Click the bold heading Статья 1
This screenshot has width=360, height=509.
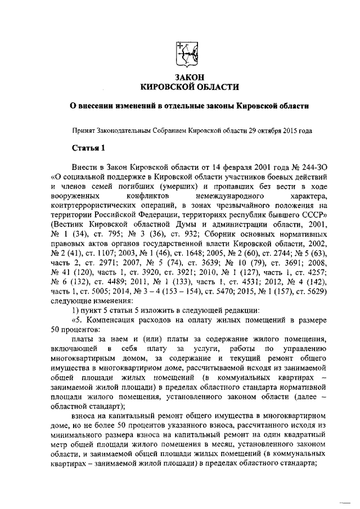click(x=88, y=148)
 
